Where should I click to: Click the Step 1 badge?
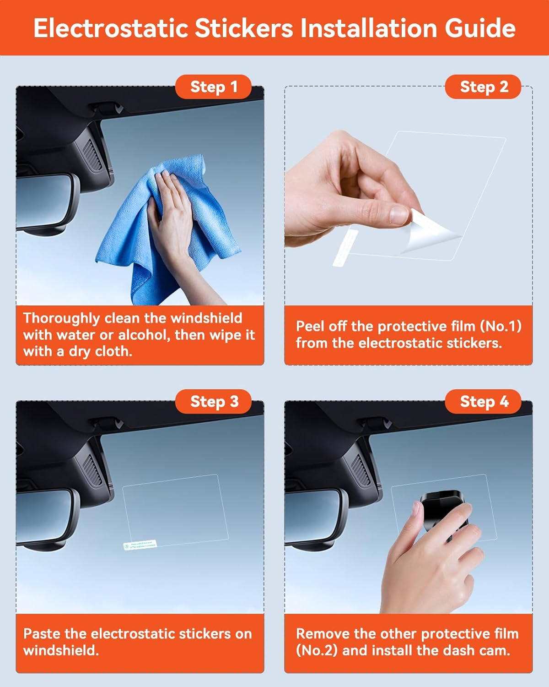(x=213, y=87)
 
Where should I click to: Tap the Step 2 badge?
(x=483, y=87)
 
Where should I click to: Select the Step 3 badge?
(x=213, y=402)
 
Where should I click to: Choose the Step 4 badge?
(x=483, y=402)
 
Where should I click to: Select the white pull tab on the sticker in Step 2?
(x=345, y=247)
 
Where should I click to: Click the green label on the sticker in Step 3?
(x=140, y=545)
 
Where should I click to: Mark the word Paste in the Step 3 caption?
(x=42, y=633)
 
